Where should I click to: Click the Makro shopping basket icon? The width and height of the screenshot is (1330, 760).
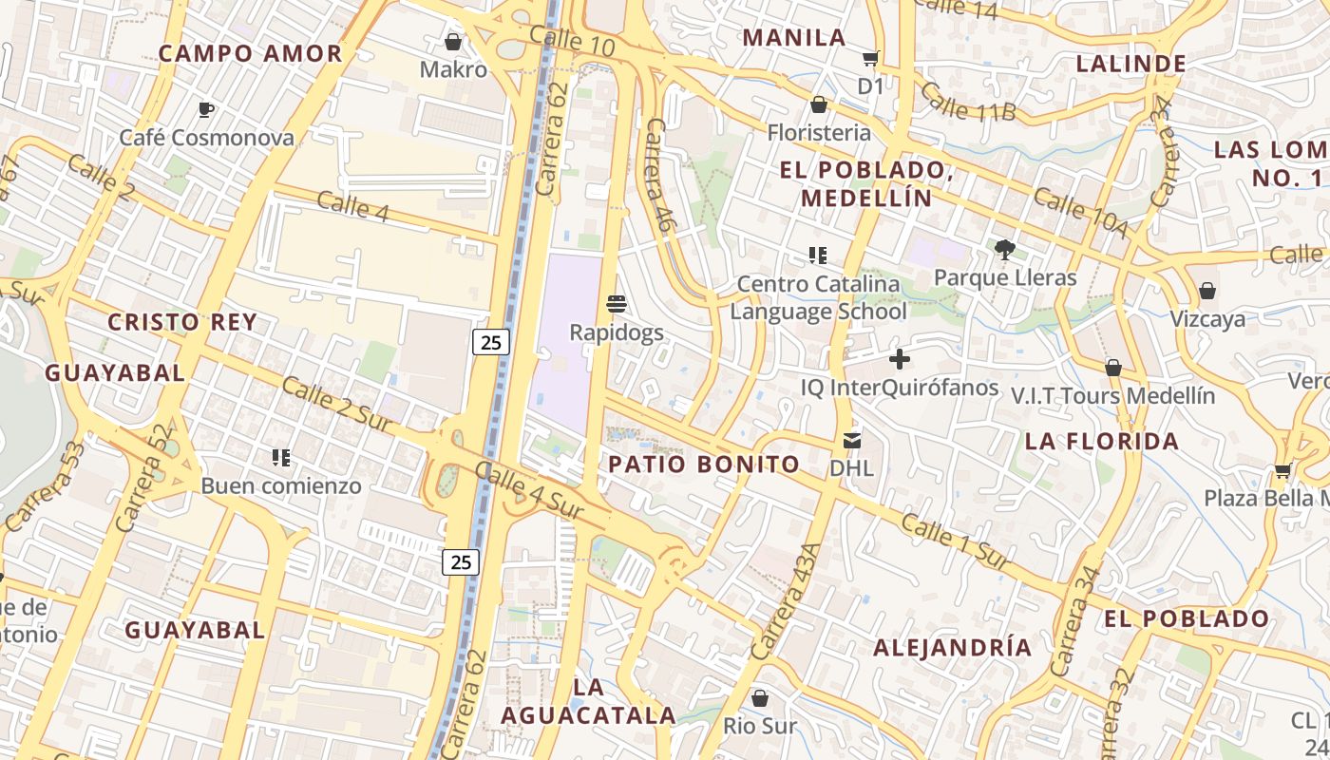[x=453, y=42]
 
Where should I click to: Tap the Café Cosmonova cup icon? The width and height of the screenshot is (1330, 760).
[x=206, y=110]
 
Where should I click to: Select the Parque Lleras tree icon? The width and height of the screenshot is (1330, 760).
[x=1005, y=250]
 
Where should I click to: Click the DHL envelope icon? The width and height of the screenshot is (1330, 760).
[x=851, y=441]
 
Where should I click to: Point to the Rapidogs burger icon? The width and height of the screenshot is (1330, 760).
[x=617, y=304]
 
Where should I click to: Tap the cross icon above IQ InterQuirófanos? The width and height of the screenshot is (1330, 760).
[x=899, y=359]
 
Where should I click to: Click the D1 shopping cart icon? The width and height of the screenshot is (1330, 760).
[x=870, y=59]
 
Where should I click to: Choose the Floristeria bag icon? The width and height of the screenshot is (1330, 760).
[x=818, y=104]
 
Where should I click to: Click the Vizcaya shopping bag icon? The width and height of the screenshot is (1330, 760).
[x=1207, y=291]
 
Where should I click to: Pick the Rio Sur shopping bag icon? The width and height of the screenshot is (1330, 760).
[x=759, y=698]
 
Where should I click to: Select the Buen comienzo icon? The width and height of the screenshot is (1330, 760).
[x=280, y=458]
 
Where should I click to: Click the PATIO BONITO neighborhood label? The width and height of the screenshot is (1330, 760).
[x=704, y=465]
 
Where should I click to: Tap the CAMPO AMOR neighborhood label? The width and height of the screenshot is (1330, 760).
[x=250, y=53]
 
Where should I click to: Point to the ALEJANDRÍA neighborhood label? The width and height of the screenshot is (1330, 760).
[x=952, y=648]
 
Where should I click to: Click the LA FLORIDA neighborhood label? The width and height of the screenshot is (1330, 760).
[x=1102, y=442]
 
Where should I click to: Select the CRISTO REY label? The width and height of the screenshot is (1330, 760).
[x=182, y=322]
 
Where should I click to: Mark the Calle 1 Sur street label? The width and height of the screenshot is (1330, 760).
[x=955, y=541]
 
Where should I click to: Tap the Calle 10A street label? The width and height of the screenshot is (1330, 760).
[x=1080, y=214]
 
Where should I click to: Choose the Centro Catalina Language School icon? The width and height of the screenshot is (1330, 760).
[x=817, y=256]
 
